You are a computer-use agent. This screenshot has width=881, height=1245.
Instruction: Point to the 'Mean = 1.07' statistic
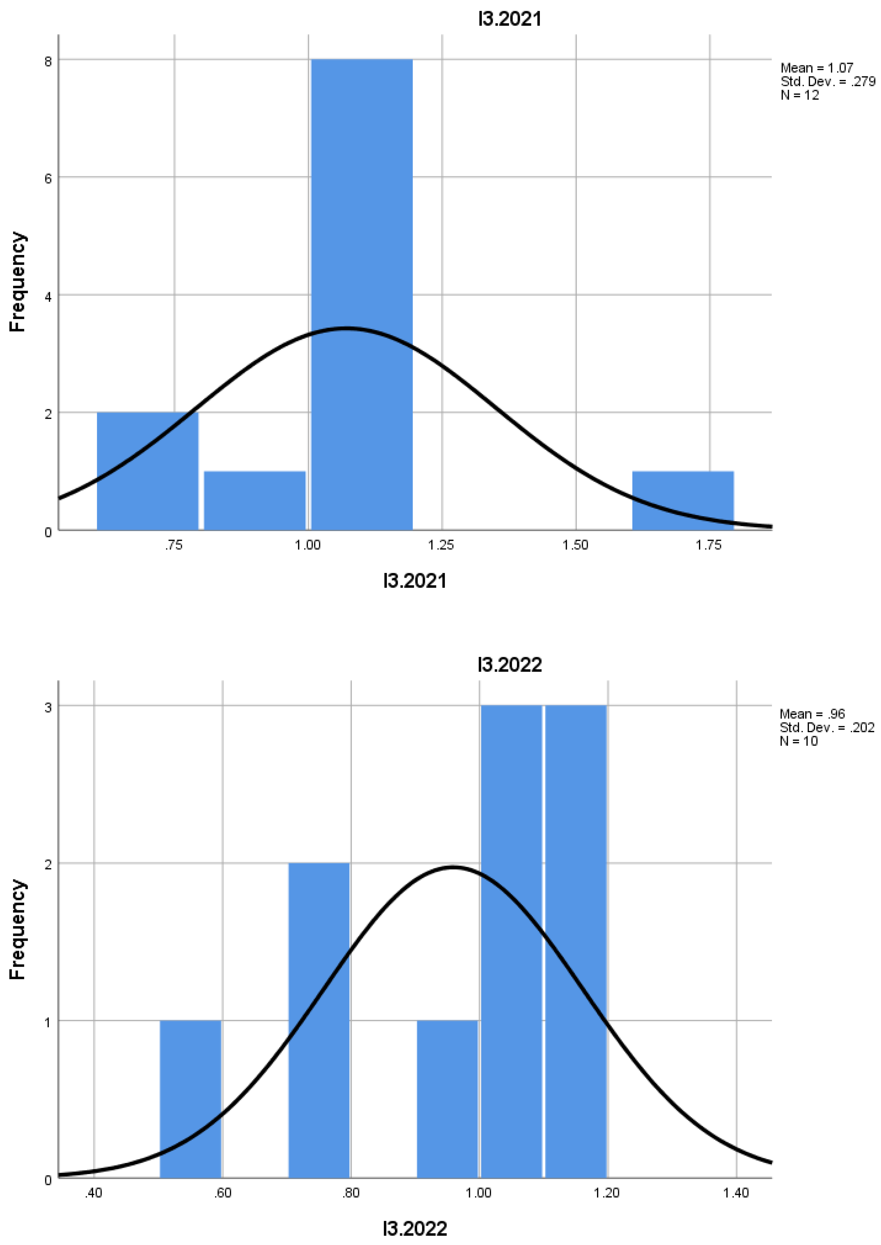[816, 68]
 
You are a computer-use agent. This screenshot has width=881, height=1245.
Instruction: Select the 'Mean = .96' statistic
[812, 714]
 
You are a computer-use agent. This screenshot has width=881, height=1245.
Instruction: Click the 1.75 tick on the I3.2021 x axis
[708, 545]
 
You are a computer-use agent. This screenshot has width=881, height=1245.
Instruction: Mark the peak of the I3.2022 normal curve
[453, 867]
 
